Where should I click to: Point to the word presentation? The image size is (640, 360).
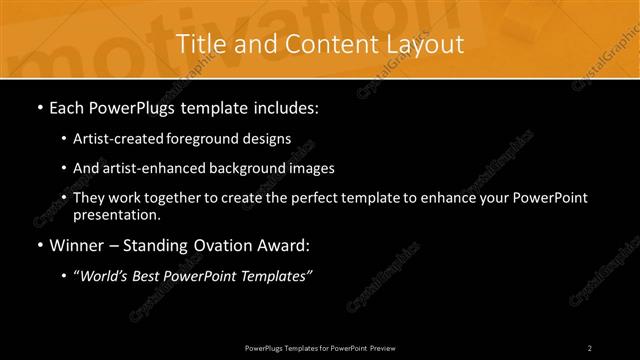[x=117, y=215]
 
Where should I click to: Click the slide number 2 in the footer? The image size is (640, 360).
[x=590, y=347]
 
